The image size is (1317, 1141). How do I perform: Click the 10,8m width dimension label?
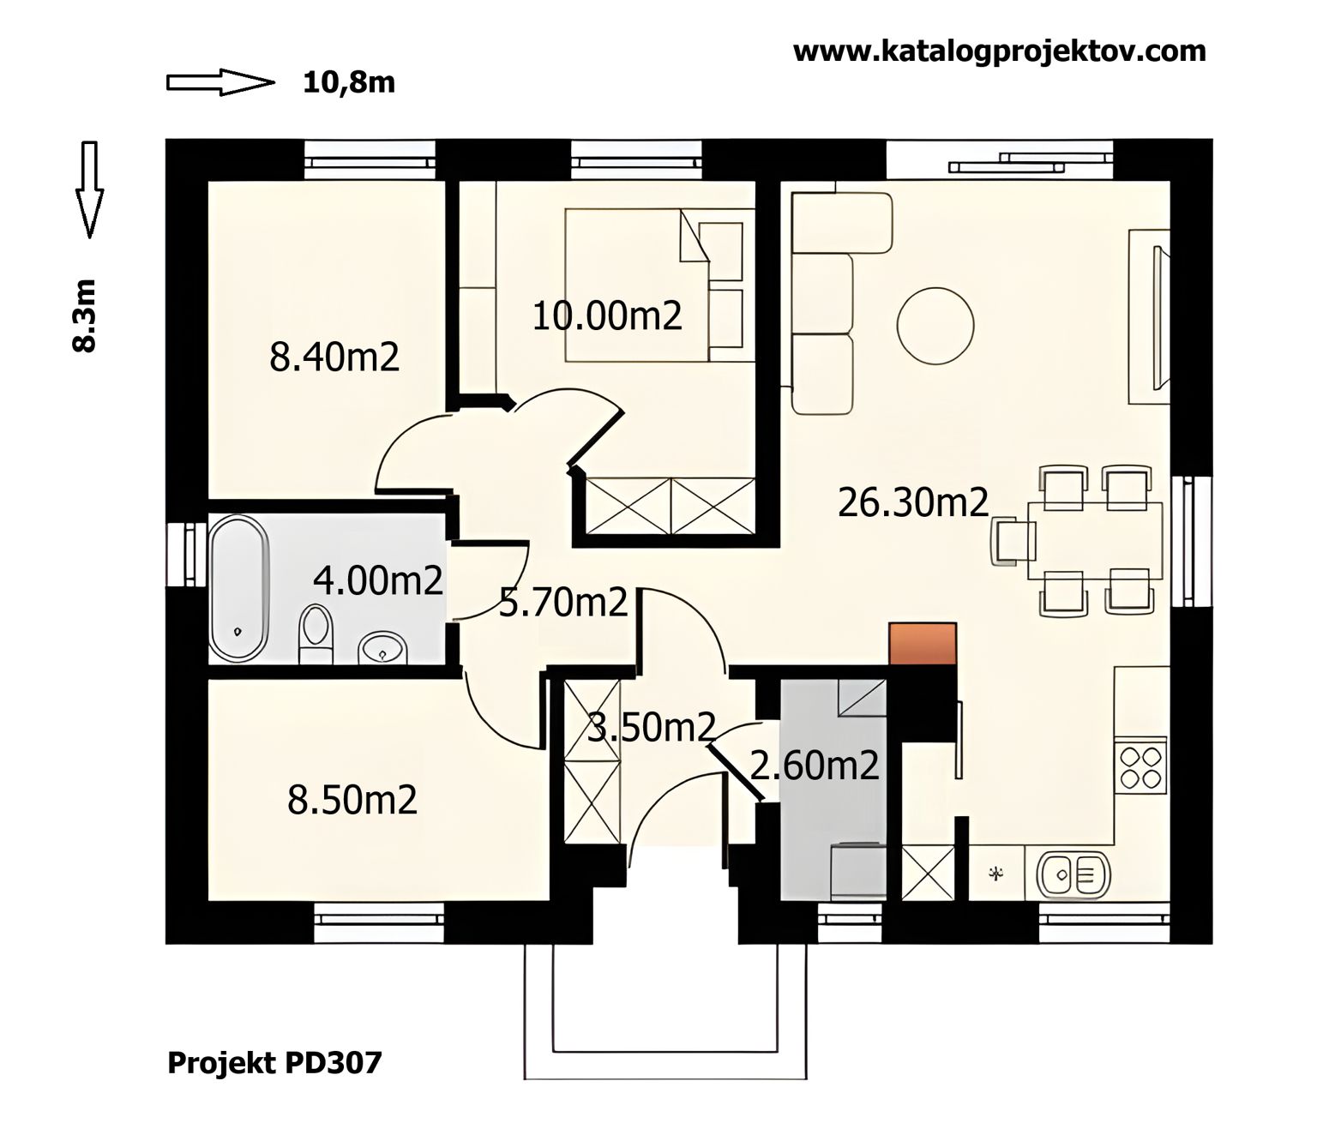point(348,83)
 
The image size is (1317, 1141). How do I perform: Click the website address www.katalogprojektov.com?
point(999,51)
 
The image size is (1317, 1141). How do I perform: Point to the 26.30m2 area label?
point(913,502)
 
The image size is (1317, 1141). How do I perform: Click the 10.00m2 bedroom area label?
point(606,316)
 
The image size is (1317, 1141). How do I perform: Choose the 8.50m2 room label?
point(352,800)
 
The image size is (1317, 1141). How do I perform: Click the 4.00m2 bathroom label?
point(378,580)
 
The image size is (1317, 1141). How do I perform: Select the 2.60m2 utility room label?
point(815,766)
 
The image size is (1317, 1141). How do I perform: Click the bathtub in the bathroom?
point(239,589)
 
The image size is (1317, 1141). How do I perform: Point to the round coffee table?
point(935,326)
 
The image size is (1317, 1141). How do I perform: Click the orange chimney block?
point(923,644)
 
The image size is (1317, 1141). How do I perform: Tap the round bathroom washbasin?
point(383,650)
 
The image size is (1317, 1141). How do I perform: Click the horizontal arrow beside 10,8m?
point(221,83)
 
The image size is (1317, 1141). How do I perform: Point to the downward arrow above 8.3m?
point(90,189)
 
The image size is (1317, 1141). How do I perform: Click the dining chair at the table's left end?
point(1012,541)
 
